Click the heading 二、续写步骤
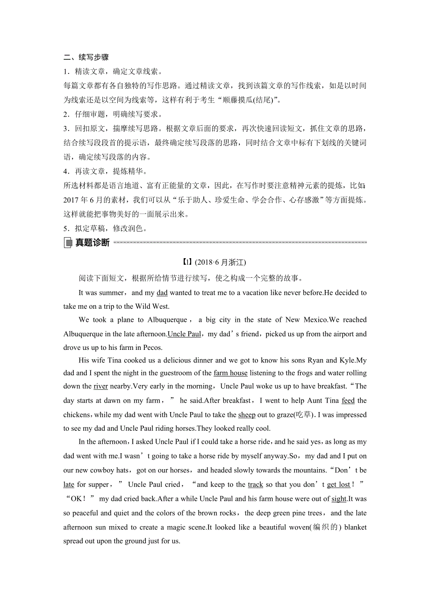[86, 58]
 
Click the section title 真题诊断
[93, 242]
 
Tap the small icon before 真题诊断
[68, 243]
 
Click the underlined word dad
[162, 293]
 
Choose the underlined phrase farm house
[230, 373]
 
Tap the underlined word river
[100, 386]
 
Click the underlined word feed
[348, 400]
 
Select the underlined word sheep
[247, 414]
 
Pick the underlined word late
[69, 485]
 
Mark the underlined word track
[256, 485]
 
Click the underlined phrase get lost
[339, 485]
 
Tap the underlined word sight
[339, 499]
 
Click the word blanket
[355, 527]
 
